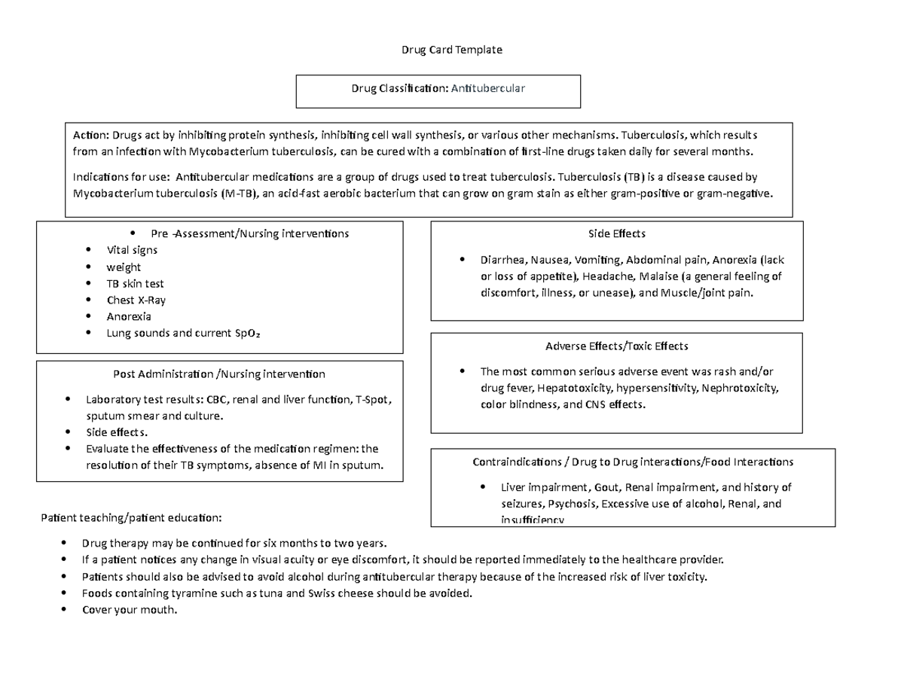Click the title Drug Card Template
click(451, 50)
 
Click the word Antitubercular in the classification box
click(488, 88)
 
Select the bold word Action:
click(90, 136)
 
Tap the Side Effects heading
click(616, 233)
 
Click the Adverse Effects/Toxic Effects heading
click(616, 346)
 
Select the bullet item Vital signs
click(132, 250)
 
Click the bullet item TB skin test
click(135, 284)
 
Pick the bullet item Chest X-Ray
click(136, 300)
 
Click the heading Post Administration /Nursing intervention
click(218, 373)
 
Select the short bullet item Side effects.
click(117, 432)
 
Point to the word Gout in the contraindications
click(608, 487)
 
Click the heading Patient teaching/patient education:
click(131, 518)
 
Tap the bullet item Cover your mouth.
click(129, 610)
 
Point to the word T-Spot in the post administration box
click(372, 399)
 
